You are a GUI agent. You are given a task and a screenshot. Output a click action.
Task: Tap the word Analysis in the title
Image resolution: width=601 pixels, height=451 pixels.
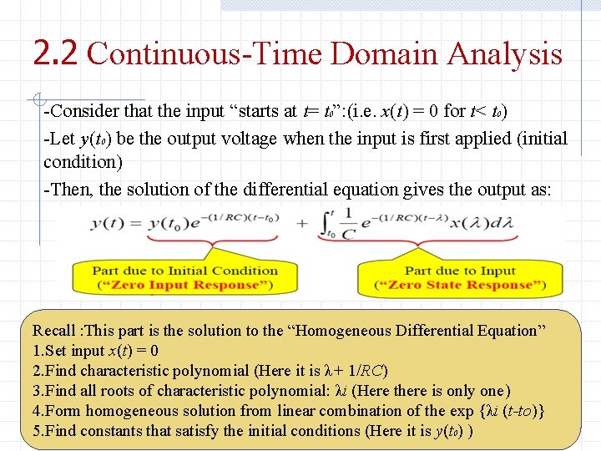pos(506,55)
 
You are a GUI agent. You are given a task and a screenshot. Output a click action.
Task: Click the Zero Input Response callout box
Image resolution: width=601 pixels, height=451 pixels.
pos(184,278)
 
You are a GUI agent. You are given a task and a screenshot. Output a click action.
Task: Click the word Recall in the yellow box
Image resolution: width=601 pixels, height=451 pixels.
pos(53,331)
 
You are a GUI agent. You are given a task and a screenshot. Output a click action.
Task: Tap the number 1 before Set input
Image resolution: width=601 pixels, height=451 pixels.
pos(36,351)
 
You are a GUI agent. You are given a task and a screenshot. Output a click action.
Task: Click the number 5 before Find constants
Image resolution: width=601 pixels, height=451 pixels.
pos(36,431)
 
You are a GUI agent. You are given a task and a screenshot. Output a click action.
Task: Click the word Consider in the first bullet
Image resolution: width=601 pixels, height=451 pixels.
pos(84,111)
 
